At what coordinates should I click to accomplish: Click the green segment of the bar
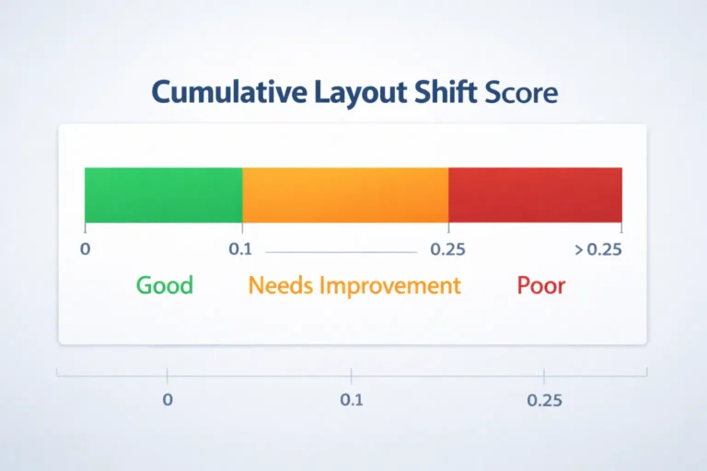(x=163, y=195)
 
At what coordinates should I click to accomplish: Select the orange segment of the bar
(x=345, y=195)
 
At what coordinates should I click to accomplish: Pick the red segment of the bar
(x=535, y=195)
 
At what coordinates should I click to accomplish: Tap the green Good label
(x=165, y=285)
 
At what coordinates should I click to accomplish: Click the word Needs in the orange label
(x=281, y=285)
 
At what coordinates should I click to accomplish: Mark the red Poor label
(x=541, y=285)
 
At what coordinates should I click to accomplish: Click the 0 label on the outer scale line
(x=168, y=401)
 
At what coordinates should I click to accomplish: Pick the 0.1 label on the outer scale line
(x=352, y=401)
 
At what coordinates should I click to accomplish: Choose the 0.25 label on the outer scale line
(x=544, y=401)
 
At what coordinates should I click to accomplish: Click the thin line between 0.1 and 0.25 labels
(x=341, y=250)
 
